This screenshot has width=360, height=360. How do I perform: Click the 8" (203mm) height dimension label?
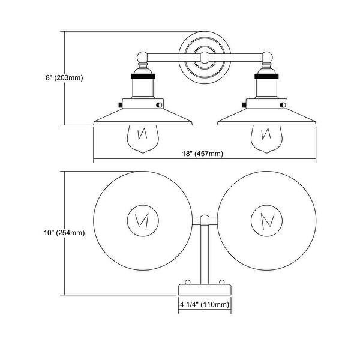pos(64,78)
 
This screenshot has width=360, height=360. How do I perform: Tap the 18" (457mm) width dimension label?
pos(203,154)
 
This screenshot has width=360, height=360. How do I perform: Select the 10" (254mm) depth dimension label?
pos(64,233)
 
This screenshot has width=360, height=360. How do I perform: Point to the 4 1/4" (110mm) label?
pos(205,305)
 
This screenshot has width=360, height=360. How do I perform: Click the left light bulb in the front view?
pos(143,139)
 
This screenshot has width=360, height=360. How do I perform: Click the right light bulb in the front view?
pos(266,139)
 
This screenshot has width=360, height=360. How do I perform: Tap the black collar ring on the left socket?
pos(143,76)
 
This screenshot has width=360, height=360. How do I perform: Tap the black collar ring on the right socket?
pos(266,76)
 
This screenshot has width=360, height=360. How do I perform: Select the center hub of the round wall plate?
pos(205,58)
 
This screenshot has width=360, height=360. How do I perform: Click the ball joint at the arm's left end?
pos(142,57)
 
